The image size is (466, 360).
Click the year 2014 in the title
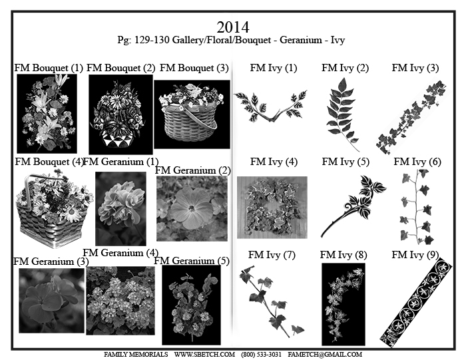pos(233,27)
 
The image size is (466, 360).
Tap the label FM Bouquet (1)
pos(49,68)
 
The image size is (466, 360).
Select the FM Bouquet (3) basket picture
pos(192,114)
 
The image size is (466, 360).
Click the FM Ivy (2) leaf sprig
pos(342,114)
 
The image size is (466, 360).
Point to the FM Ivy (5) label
pos(346,162)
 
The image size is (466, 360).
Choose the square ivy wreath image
pos(272,208)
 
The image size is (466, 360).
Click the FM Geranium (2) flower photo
pos(192,208)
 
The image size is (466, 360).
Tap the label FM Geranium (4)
pos(120,253)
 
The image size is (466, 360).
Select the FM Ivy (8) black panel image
pos(344,304)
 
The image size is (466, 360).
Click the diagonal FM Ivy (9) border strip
pos(416,302)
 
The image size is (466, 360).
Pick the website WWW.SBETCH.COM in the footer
pos(204,355)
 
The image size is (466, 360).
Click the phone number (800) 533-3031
pos(261,355)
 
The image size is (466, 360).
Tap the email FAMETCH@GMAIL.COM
pos(325,355)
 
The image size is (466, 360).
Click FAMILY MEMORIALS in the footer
pos(136,355)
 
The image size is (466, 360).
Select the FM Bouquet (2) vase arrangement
pos(120,114)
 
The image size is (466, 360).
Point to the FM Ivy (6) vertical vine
pos(416,207)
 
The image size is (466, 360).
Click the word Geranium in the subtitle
pos(301,40)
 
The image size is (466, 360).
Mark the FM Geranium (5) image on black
pos(192,305)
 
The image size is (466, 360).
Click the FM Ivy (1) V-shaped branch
pos(270,105)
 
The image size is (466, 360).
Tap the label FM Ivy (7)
pos(272,255)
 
